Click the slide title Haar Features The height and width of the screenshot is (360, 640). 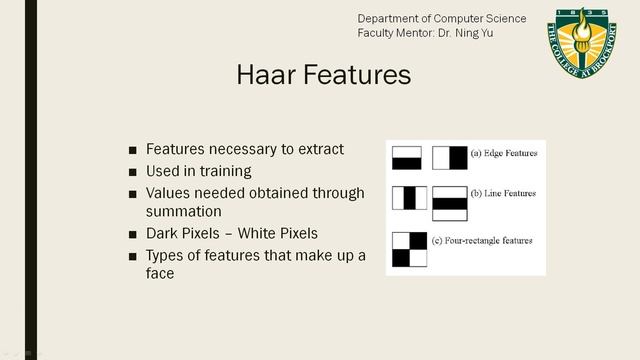point(323,76)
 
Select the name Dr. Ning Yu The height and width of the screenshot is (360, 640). point(466,33)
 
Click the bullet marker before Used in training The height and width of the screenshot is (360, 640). point(133,172)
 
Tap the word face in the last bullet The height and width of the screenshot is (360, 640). point(160,273)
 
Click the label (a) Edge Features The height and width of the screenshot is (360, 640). point(504,154)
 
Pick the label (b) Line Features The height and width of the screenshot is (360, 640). point(503,193)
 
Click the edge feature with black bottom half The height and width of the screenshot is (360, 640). point(407,157)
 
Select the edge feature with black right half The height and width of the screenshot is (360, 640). point(450,157)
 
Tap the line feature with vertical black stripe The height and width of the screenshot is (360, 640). point(409,197)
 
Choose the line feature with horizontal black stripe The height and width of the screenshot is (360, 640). point(450,203)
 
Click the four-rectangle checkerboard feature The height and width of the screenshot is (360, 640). point(410,250)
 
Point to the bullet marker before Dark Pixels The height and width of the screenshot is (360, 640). point(133,235)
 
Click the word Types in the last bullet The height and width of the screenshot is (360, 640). point(166,256)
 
